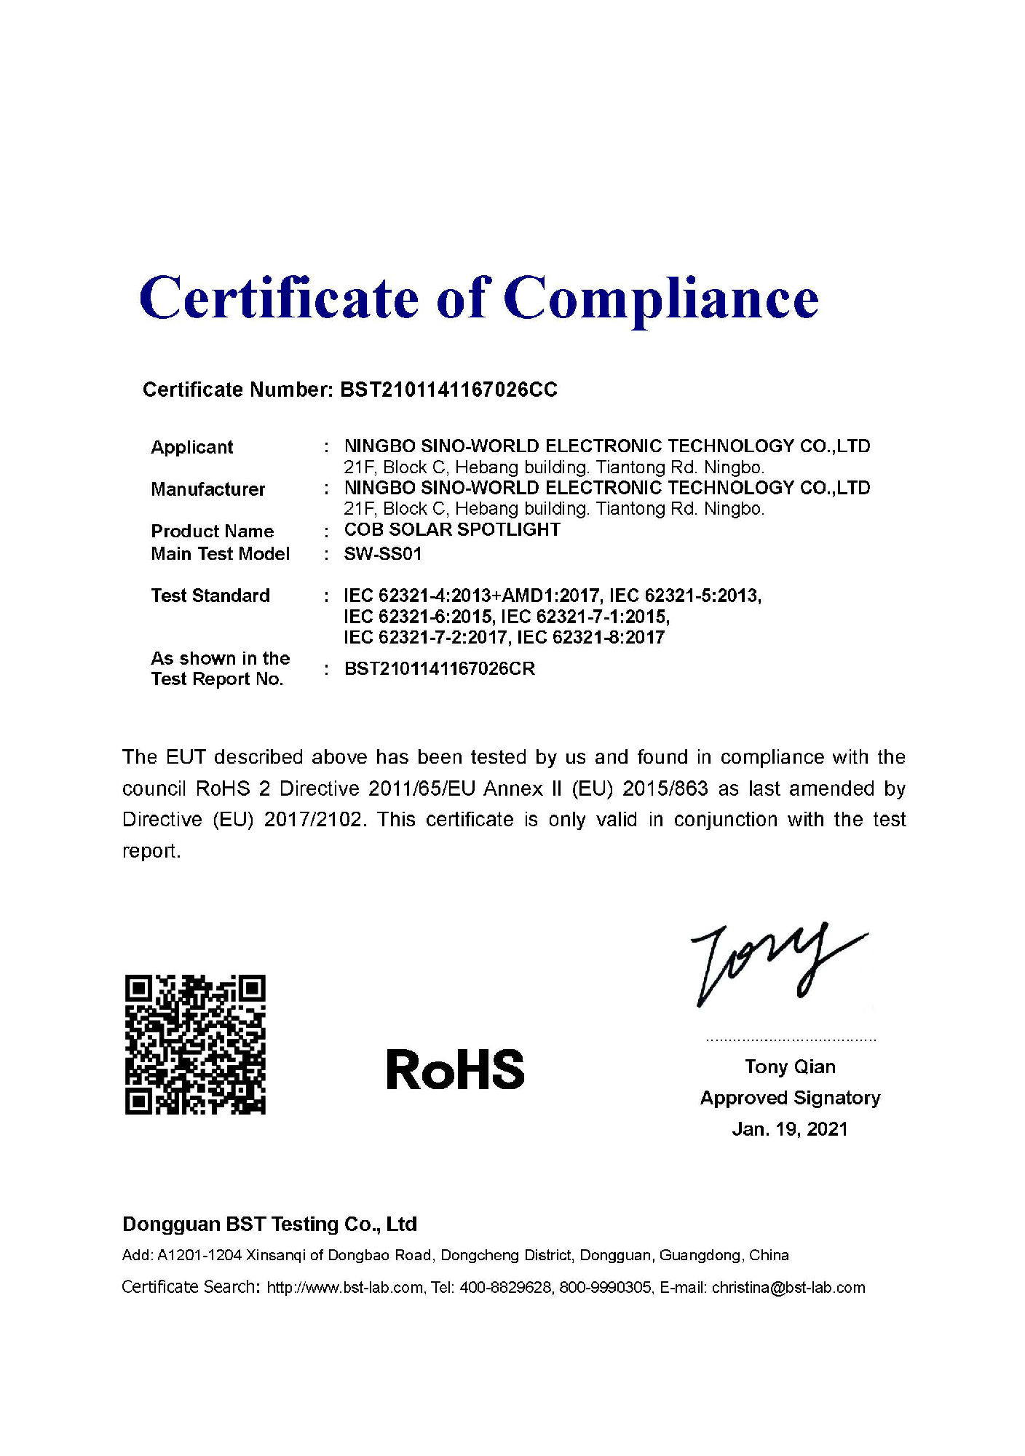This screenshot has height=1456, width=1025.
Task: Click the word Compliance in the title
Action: click(x=661, y=298)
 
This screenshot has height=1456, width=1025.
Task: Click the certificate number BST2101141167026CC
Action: click(x=448, y=390)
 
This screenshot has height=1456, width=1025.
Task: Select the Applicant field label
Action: click(x=191, y=447)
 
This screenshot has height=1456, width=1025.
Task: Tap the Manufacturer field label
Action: click(x=207, y=489)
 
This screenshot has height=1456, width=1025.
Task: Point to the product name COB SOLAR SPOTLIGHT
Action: click(x=452, y=530)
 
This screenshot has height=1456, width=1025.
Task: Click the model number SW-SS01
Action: click(x=383, y=554)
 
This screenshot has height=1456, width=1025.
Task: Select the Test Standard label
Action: click(x=210, y=596)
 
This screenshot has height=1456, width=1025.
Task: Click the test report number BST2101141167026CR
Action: click(x=439, y=669)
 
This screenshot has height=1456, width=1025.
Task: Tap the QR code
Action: click(x=195, y=1044)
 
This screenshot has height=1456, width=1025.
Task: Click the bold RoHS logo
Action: click(x=455, y=1070)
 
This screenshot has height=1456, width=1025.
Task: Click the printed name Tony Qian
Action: click(x=790, y=1067)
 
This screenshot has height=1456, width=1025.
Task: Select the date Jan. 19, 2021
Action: click(x=790, y=1129)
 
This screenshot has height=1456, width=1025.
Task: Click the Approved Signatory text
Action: click(x=790, y=1098)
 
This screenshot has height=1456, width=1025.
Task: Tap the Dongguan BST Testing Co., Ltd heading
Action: click(x=269, y=1224)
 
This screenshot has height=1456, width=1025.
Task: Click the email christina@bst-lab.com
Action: click(x=788, y=1288)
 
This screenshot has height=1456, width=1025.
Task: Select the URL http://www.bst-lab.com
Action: click(x=345, y=1288)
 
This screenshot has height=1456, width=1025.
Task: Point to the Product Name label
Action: click(x=212, y=531)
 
